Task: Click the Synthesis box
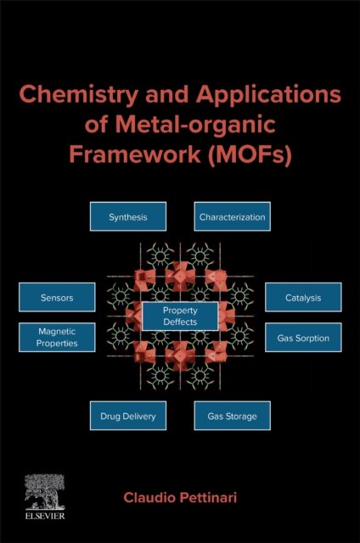click(x=127, y=217)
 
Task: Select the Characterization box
click(x=232, y=217)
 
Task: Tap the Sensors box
click(x=56, y=298)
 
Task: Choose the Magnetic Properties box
click(x=56, y=338)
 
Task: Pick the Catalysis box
click(x=303, y=298)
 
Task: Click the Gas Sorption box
click(x=303, y=338)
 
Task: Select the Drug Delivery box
click(x=127, y=417)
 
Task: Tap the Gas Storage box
click(x=232, y=417)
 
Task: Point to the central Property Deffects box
click(x=180, y=316)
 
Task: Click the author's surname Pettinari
click(x=219, y=494)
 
